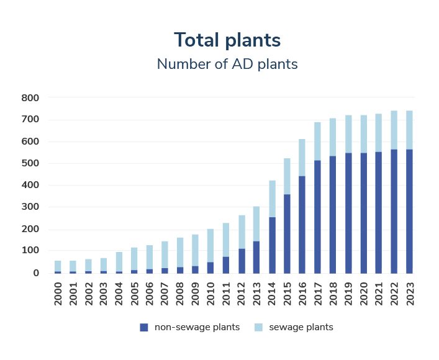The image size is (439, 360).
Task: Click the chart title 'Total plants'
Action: [x=227, y=40]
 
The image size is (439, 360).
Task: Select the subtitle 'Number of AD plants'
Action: [x=227, y=64]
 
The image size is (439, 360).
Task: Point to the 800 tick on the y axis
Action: [x=30, y=98]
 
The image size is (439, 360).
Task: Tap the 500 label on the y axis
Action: [x=30, y=163]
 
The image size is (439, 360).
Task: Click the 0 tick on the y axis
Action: [x=36, y=273]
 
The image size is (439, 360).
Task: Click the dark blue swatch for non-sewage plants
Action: [x=144, y=327]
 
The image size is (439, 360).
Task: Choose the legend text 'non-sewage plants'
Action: [x=197, y=327]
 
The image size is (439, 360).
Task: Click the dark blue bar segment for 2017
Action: [x=318, y=217]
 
